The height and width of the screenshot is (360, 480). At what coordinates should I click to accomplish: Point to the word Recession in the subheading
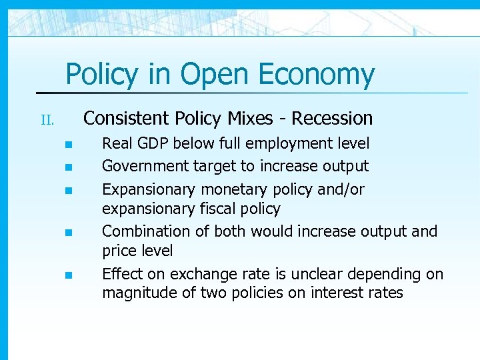pyautogui.click(x=332, y=119)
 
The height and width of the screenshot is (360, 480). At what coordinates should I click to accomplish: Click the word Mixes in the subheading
pyautogui.click(x=249, y=119)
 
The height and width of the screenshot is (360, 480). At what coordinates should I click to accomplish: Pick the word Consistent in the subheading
pyautogui.click(x=127, y=119)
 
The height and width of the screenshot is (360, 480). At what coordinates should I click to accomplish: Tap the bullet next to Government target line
pyautogui.click(x=67, y=166)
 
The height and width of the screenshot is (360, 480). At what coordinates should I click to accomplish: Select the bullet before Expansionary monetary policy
pyautogui.click(x=67, y=191)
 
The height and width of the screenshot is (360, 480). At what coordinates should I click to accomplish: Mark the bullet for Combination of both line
pyautogui.click(x=67, y=233)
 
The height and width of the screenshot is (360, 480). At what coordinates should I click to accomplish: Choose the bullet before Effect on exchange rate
pyautogui.click(x=67, y=275)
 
